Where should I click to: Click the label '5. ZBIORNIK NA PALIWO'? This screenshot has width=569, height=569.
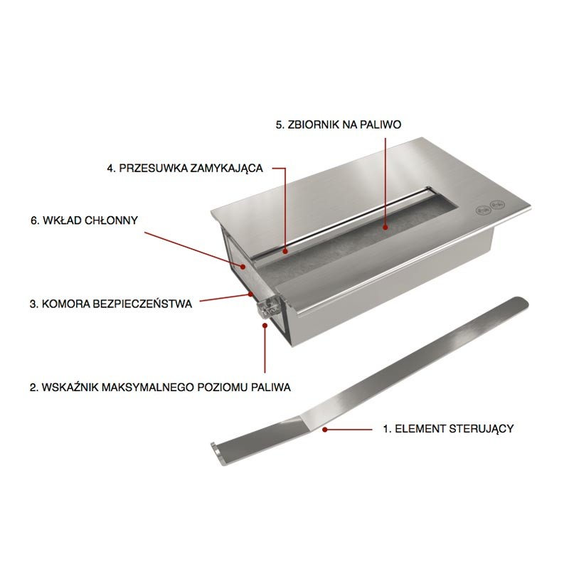pyautogui.click(x=339, y=125)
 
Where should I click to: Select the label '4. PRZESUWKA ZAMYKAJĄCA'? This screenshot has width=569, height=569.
pyautogui.click(x=185, y=169)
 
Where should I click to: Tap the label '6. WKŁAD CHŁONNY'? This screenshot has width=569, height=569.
pyautogui.click(x=84, y=220)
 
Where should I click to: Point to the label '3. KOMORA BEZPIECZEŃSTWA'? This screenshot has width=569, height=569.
pyautogui.click(x=111, y=304)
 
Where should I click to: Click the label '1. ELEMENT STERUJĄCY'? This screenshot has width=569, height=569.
pyautogui.click(x=449, y=429)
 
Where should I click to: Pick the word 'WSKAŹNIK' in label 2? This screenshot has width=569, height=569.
pyautogui.click(x=69, y=387)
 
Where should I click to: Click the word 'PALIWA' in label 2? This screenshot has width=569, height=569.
pyautogui.click(x=270, y=387)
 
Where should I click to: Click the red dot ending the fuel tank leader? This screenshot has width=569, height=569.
pyautogui.click(x=385, y=228)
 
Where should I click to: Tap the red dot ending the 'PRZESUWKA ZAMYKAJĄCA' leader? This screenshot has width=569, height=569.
pyautogui.click(x=286, y=250)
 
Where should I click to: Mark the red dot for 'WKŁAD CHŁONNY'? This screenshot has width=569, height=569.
pyautogui.click(x=243, y=266)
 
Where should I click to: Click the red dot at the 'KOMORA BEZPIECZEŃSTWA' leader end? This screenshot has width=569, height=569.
pyautogui.click(x=251, y=294)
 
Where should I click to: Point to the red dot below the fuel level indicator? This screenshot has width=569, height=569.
pyautogui.click(x=265, y=326)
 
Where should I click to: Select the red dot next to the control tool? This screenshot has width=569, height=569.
pyautogui.click(x=325, y=430)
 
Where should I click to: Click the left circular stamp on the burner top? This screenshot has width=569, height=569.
pyautogui.click(x=483, y=209)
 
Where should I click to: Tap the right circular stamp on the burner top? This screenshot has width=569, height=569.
pyautogui.click(x=496, y=205)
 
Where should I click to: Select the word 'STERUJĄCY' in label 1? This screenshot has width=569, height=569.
pyautogui.click(x=482, y=429)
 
